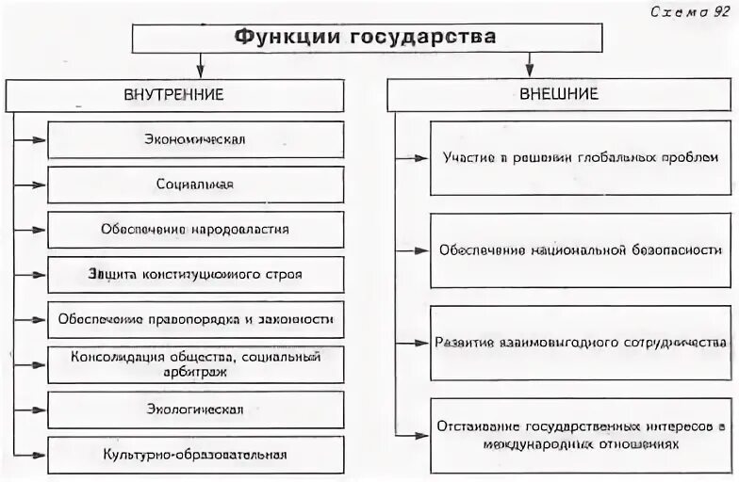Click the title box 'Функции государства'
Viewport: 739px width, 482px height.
pos(366,38)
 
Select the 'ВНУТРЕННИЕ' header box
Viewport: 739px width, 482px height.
pos(174,95)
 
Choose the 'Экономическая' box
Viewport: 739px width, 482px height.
pos(196,139)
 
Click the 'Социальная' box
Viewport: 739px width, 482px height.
pos(196,185)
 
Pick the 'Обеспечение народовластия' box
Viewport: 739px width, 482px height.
pos(196,229)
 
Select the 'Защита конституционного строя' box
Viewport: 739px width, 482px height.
pos(196,274)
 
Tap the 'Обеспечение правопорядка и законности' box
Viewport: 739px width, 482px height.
pos(196,319)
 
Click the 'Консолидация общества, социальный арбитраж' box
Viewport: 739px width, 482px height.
pos(196,364)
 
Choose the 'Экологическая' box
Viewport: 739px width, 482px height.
pos(196,410)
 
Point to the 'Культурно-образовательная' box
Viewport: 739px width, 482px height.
pos(196,455)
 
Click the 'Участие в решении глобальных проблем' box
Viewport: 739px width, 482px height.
pos(581,157)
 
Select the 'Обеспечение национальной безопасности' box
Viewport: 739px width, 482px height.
pos(581,250)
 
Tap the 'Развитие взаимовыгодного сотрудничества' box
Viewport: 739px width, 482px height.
pos(581,342)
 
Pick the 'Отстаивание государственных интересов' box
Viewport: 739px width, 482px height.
pos(581,435)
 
